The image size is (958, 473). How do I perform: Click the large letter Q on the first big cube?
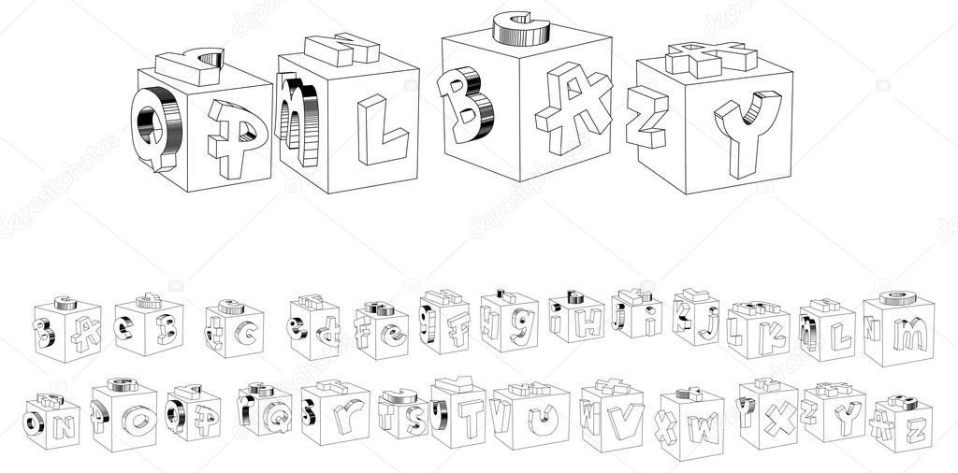155,126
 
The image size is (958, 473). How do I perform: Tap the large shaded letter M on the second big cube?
299,120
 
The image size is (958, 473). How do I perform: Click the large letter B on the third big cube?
466,103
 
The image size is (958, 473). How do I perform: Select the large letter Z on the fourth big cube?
647,117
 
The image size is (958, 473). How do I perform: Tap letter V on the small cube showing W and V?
624,420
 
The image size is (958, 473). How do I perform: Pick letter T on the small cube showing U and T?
469,418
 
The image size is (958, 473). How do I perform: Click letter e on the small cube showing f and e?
393,335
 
